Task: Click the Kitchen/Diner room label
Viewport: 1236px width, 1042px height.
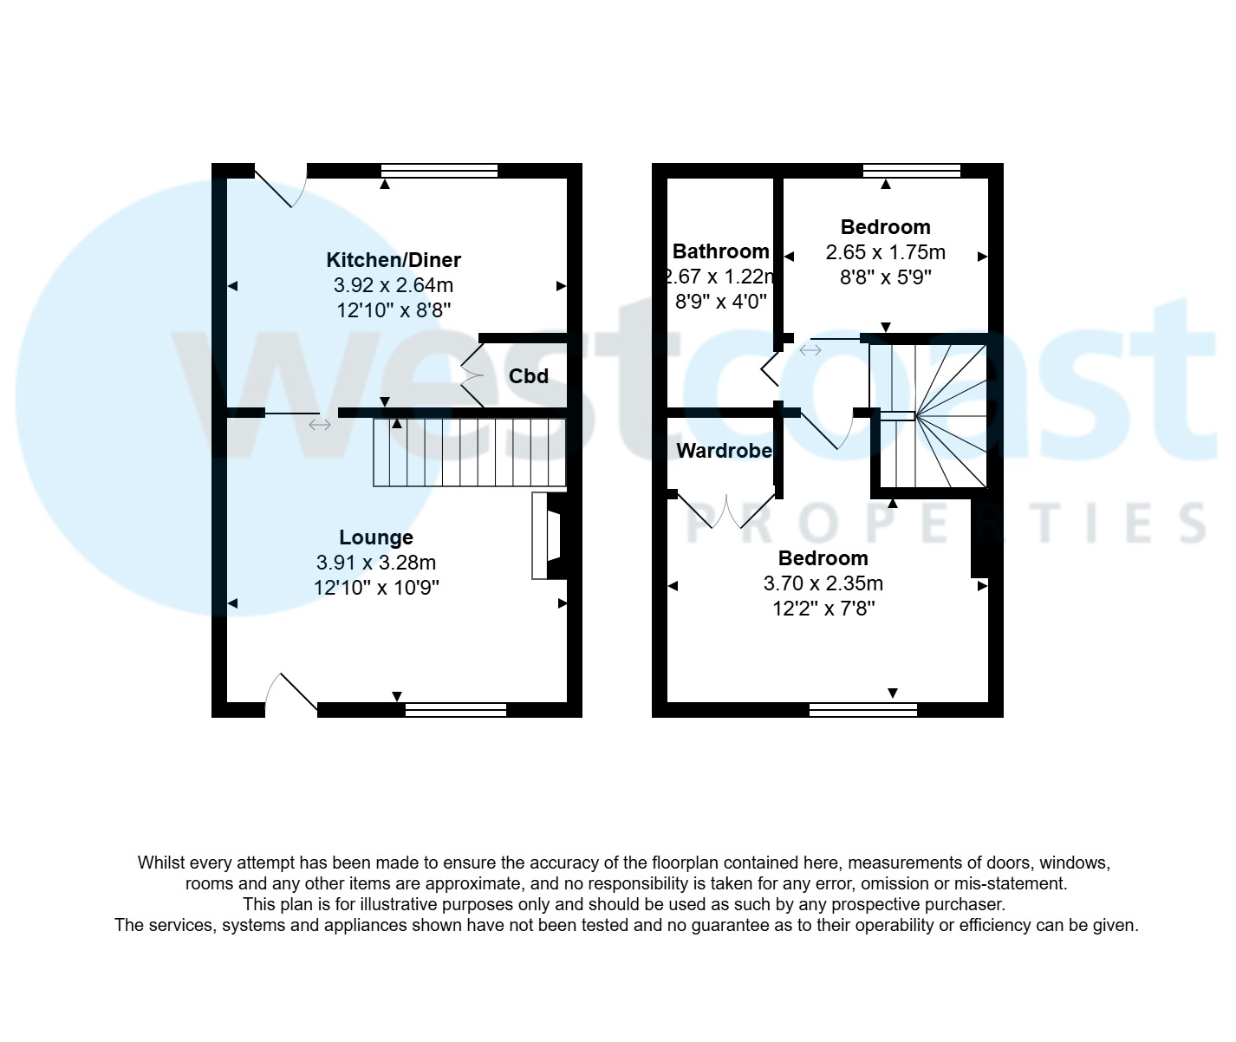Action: pyautogui.click(x=393, y=259)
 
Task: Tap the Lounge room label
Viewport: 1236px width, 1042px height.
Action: pyautogui.click(x=375, y=537)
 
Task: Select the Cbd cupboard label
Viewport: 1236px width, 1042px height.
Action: pyautogui.click(x=528, y=375)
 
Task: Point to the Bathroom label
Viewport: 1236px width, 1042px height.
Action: pyautogui.click(x=720, y=251)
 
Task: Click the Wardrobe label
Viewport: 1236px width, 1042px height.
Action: pyautogui.click(x=724, y=451)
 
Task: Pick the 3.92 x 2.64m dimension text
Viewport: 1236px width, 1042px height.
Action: pyautogui.click(x=393, y=284)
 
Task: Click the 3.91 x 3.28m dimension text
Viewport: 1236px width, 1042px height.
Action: pyautogui.click(x=375, y=563)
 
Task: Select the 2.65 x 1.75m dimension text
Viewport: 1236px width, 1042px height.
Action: pyautogui.click(x=885, y=252)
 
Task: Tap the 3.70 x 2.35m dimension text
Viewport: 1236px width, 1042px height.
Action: pyautogui.click(x=823, y=583)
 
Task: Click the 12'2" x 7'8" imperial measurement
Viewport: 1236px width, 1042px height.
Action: pyautogui.click(x=823, y=609)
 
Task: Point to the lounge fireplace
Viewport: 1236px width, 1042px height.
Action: pyautogui.click(x=548, y=536)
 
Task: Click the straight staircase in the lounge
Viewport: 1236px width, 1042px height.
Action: pyautogui.click(x=469, y=453)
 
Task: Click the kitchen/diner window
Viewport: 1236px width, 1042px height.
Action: pyautogui.click(x=439, y=171)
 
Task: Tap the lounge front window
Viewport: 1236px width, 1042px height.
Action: pyautogui.click(x=455, y=710)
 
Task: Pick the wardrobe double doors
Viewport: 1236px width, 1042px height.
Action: pyautogui.click(x=725, y=509)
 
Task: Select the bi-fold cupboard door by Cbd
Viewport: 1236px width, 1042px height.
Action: pyautogui.click(x=472, y=375)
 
